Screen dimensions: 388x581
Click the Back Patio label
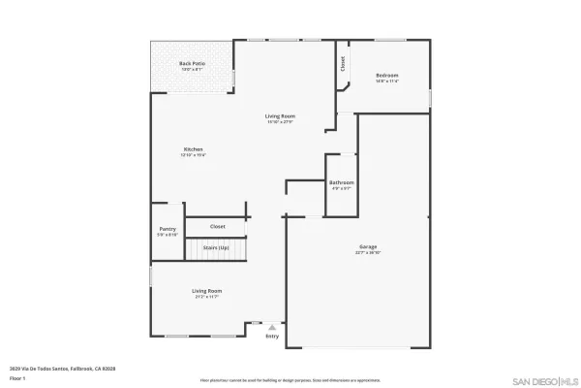click(x=191, y=64)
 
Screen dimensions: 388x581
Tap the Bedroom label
click(x=387, y=76)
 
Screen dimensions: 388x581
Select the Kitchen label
click(x=194, y=149)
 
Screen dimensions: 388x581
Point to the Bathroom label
click(x=341, y=182)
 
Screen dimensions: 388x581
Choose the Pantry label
click(x=168, y=229)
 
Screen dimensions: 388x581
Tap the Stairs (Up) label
click(x=215, y=248)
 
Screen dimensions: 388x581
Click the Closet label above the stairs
click(x=218, y=226)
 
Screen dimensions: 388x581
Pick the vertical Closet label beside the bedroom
click(x=342, y=64)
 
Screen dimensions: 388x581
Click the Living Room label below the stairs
click(x=206, y=291)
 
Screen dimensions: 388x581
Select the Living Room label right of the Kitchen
click(x=280, y=116)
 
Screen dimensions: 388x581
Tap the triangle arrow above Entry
click(x=272, y=328)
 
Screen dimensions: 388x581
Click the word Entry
click(x=272, y=337)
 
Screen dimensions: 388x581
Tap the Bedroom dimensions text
click(x=387, y=81)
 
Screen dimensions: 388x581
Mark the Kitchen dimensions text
click(x=194, y=155)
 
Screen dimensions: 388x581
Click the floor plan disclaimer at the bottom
click(x=290, y=380)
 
